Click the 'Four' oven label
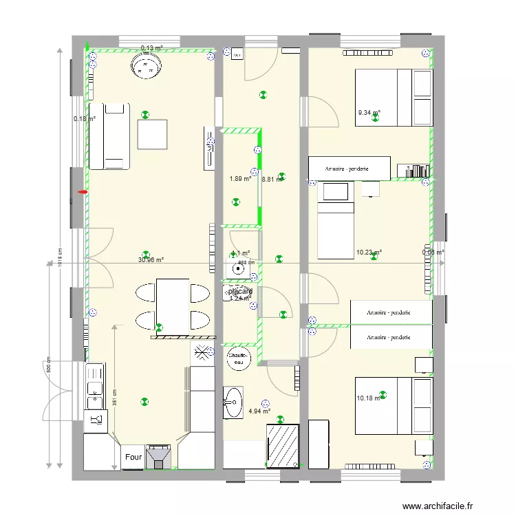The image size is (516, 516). pyautogui.click(x=133, y=456)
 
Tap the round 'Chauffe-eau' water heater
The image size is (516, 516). pyautogui.click(x=239, y=358)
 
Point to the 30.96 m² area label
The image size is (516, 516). pyautogui.click(x=151, y=260)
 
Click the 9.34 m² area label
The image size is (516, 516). pyautogui.click(x=369, y=113)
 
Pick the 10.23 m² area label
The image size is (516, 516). pyautogui.click(x=369, y=252)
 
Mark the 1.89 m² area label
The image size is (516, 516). pyautogui.click(x=240, y=180)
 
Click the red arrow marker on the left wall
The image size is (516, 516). pyautogui.click(x=83, y=193)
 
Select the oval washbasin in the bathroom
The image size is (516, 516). pyautogui.click(x=233, y=402)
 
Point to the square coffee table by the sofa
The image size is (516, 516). pyautogui.click(x=153, y=134)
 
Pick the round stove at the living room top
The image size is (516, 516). pyautogui.click(x=146, y=67)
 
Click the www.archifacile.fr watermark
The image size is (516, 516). pyautogui.click(x=438, y=506)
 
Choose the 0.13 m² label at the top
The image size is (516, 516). pyautogui.click(x=151, y=48)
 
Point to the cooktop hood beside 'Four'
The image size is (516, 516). pyautogui.click(x=160, y=456)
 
